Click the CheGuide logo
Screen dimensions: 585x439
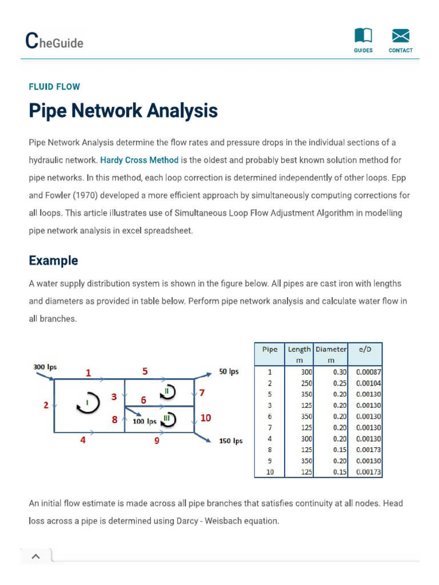pyautogui.click(x=54, y=41)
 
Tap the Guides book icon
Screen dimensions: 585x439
pyautogui.click(x=363, y=36)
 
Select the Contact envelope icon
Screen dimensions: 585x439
pyautogui.click(x=400, y=36)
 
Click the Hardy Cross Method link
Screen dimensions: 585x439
pyautogui.click(x=139, y=160)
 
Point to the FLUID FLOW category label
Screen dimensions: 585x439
pyautogui.click(x=54, y=87)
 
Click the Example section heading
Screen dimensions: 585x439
pyautogui.click(x=53, y=261)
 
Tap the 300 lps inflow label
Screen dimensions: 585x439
pyautogui.click(x=45, y=367)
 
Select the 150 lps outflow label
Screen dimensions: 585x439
pyautogui.click(x=231, y=440)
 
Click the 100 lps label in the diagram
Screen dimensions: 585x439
pyautogui.click(x=144, y=422)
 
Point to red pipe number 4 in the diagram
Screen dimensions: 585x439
pyautogui.click(x=83, y=440)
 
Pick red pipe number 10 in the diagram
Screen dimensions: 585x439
pyautogui.click(x=206, y=418)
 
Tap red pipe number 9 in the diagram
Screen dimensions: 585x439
pyautogui.click(x=157, y=440)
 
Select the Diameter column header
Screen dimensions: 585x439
pyautogui.click(x=330, y=349)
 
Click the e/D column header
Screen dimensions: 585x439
pyautogui.click(x=365, y=349)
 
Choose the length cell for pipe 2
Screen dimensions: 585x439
pyautogui.click(x=300, y=383)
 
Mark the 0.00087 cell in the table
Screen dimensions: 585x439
pyautogui.click(x=365, y=372)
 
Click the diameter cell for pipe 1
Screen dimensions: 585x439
pyautogui.click(x=331, y=372)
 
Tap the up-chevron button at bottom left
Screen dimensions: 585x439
pyautogui.click(x=35, y=556)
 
